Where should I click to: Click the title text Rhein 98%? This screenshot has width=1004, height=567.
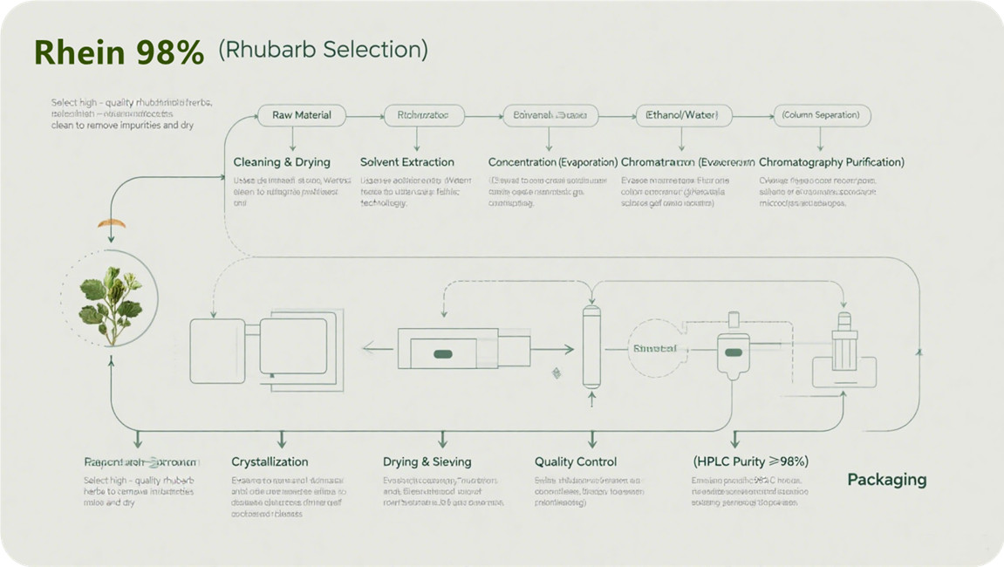pos(119,52)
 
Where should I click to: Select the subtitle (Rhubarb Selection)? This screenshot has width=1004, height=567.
pos(323,50)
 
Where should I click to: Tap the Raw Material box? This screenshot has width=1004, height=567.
pos(301,115)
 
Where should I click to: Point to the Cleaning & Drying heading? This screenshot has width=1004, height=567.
pos(282,162)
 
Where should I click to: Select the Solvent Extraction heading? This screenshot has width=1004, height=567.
pos(407,162)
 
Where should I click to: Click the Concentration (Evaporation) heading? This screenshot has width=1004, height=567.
pos(553,162)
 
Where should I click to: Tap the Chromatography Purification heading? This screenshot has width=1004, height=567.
pos(831,162)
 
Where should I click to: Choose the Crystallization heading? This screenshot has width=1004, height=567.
pos(270,461)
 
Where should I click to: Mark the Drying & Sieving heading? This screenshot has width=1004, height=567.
pos(427,461)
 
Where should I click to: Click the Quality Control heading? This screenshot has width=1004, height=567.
pos(576,461)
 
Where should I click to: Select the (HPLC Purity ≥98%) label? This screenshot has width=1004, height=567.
pos(750,461)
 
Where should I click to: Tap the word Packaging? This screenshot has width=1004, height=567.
pos(886,480)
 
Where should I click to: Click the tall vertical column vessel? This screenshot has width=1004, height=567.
pos(591,346)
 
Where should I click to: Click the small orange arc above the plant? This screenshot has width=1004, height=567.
pos(111,224)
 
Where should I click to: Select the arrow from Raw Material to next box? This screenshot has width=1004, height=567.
pos(365,115)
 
